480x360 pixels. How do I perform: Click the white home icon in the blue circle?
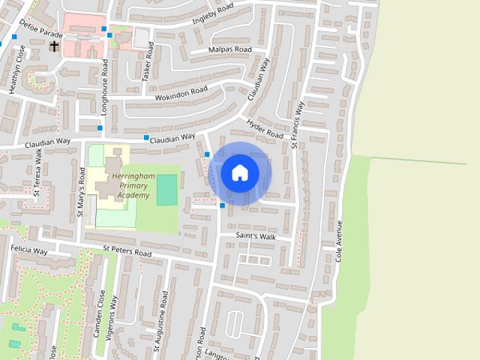(x=239, y=172)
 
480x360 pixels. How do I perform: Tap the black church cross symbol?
(x=54, y=46)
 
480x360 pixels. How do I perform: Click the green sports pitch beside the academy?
(x=166, y=188)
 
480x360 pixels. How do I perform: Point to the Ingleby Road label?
(x=213, y=14)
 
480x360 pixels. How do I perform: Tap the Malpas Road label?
(x=231, y=50)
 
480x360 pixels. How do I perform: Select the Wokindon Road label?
(x=181, y=94)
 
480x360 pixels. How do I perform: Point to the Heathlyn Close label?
(x=13, y=69)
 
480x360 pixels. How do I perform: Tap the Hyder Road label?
(x=265, y=129)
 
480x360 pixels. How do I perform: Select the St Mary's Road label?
(x=81, y=196)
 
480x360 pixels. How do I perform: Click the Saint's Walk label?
(x=256, y=237)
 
